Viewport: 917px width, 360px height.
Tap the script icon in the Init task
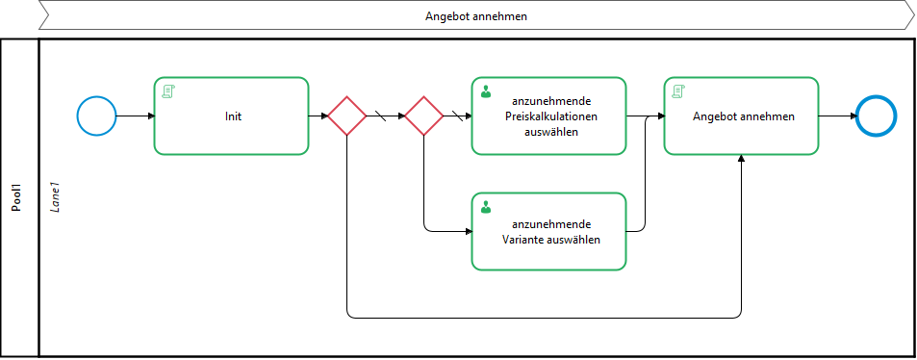(x=169, y=91)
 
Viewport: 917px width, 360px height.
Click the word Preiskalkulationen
(x=551, y=116)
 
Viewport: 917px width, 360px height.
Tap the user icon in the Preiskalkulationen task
(x=485, y=91)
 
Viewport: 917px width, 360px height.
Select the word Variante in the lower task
(x=522, y=240)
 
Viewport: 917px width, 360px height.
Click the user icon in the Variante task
(x=485, y=207)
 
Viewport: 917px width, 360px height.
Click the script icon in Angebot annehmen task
(x=678, y=91)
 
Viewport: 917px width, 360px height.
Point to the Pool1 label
(x=18, y=197)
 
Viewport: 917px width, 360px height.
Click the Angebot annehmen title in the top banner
(x=476, y=16)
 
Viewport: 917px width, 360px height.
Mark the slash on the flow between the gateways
(x=380, y=116)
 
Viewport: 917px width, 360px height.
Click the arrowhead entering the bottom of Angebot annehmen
(x=742, y=159)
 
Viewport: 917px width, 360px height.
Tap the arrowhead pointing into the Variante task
(x=468, y=231)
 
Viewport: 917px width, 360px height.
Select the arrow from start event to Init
(x=135, y=116)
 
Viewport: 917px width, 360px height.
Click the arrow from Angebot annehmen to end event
(x=837, y=116)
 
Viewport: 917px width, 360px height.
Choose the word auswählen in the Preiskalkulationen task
(x=551, y=132)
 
